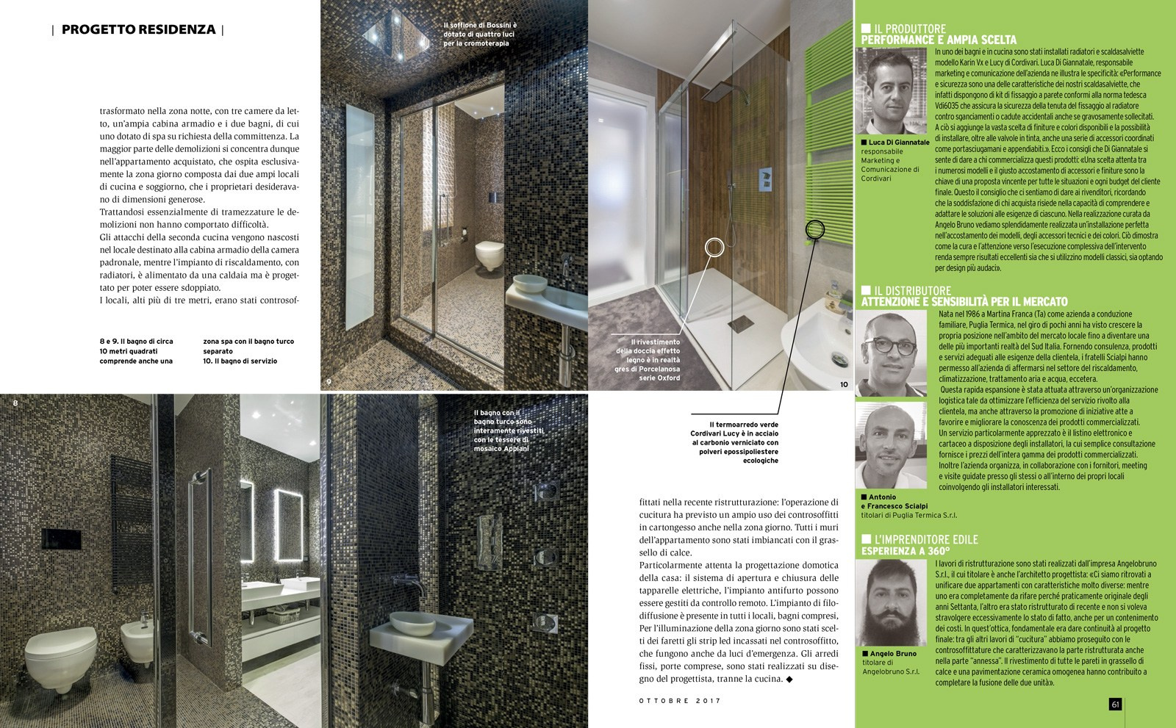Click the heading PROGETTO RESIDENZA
coord(138,30)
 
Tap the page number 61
coord(1114,704)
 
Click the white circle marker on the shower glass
coord(714,248)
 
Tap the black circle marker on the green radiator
coord(814,230)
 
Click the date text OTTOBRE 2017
coord(678,701)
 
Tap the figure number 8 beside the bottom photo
coord(15,402)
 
